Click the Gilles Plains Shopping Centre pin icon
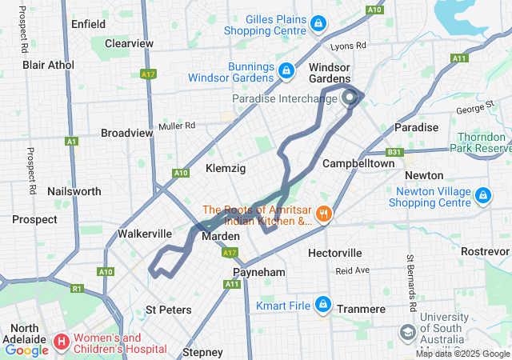coord(318,23)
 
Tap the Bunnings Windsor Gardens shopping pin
coord(285,71)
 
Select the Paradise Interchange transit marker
coord(350,98)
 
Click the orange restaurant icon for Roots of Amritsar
coord(323,214)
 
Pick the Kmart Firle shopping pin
coord(323,304)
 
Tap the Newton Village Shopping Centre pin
coord(482,195)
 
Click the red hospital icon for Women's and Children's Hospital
coord(61,342)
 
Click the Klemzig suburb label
coord(226,168)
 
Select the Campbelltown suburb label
coord(358,163)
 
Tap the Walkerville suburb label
coord(145,234)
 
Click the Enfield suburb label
coord(88,24)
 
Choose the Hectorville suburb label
coord(335,253)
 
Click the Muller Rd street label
coord(177,126)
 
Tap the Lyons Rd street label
coord(348,46)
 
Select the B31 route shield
coord(394,152)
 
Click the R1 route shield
coord(77,288)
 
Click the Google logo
coord(26,350)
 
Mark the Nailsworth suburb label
coord(74,191)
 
